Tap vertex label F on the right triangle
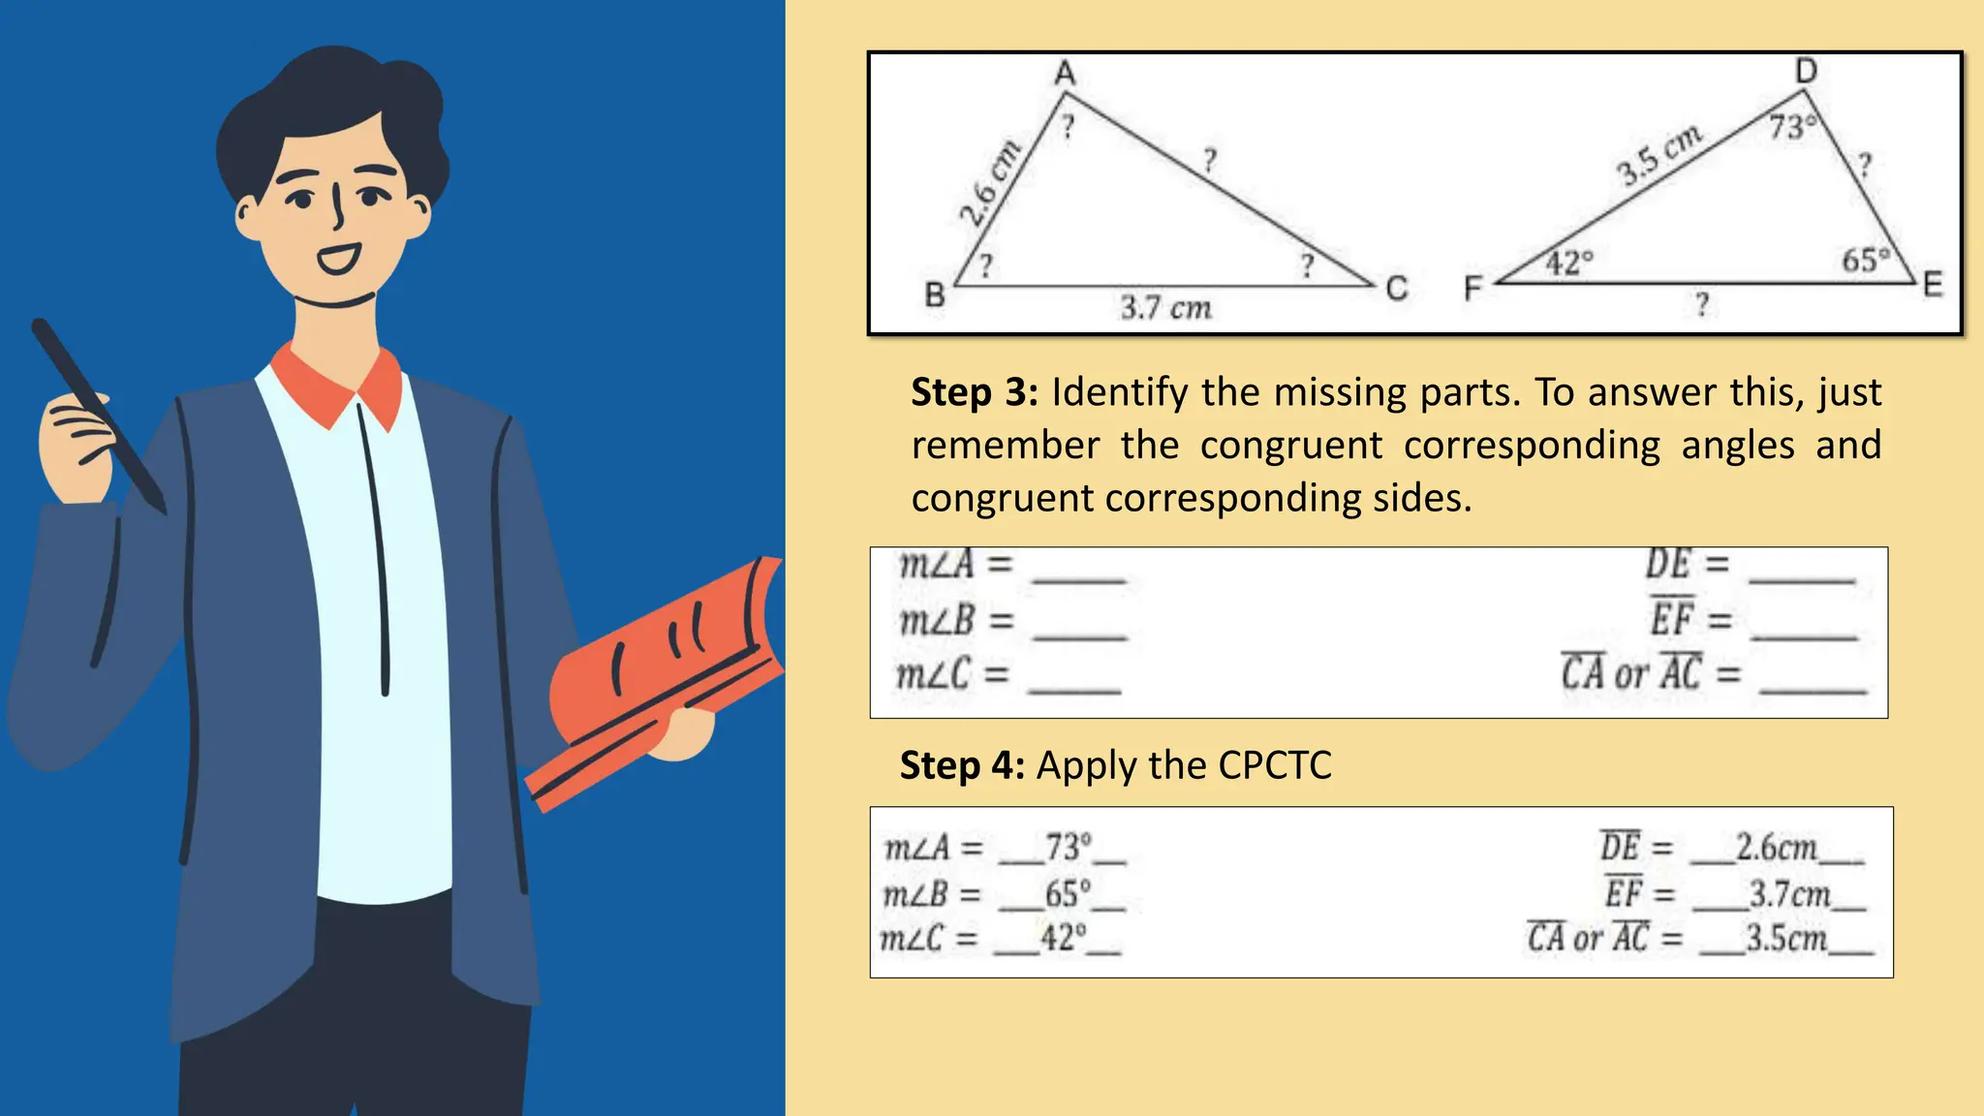pos(1472,289)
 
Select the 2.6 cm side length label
pos(989,183)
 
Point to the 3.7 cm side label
pos(1166,308)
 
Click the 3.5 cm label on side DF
pos(1658,155)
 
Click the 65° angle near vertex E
pos(1865,261)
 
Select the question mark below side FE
pos(1702,305)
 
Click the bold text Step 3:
pos(975,392)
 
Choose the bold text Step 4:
pos(962,765)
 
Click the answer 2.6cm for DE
pos(1776,848)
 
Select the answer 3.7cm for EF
pos(1789,894)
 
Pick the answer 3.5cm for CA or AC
pos(1786,939)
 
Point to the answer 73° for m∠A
pos(1068,848)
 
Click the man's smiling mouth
pos(339,259)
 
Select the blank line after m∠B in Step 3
pos(1080,635)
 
